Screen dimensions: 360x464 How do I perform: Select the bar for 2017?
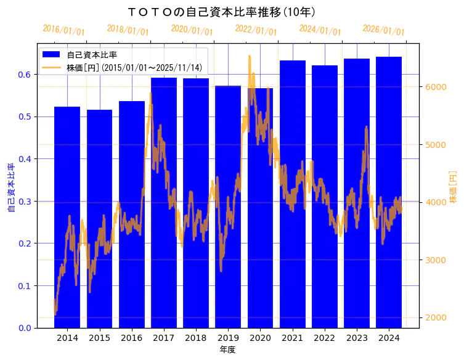click(x=164, y=203)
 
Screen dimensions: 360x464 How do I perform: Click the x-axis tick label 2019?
click(x=228, y=338)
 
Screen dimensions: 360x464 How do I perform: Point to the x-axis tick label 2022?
click(x=325, y=338)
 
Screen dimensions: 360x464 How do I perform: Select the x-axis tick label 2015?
click(x=99, y=338)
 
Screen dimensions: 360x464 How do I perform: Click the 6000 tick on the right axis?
click(x=434, y=87)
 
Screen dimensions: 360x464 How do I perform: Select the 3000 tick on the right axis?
click(x=434, y=260)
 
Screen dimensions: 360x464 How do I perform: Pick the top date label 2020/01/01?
click(x=192, y=30)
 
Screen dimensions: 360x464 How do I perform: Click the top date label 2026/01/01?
click(x=383, y=30)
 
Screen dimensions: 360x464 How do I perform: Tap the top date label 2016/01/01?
click(x=63, y=30)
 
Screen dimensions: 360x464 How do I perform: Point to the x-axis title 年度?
click(x=227, y=350)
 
